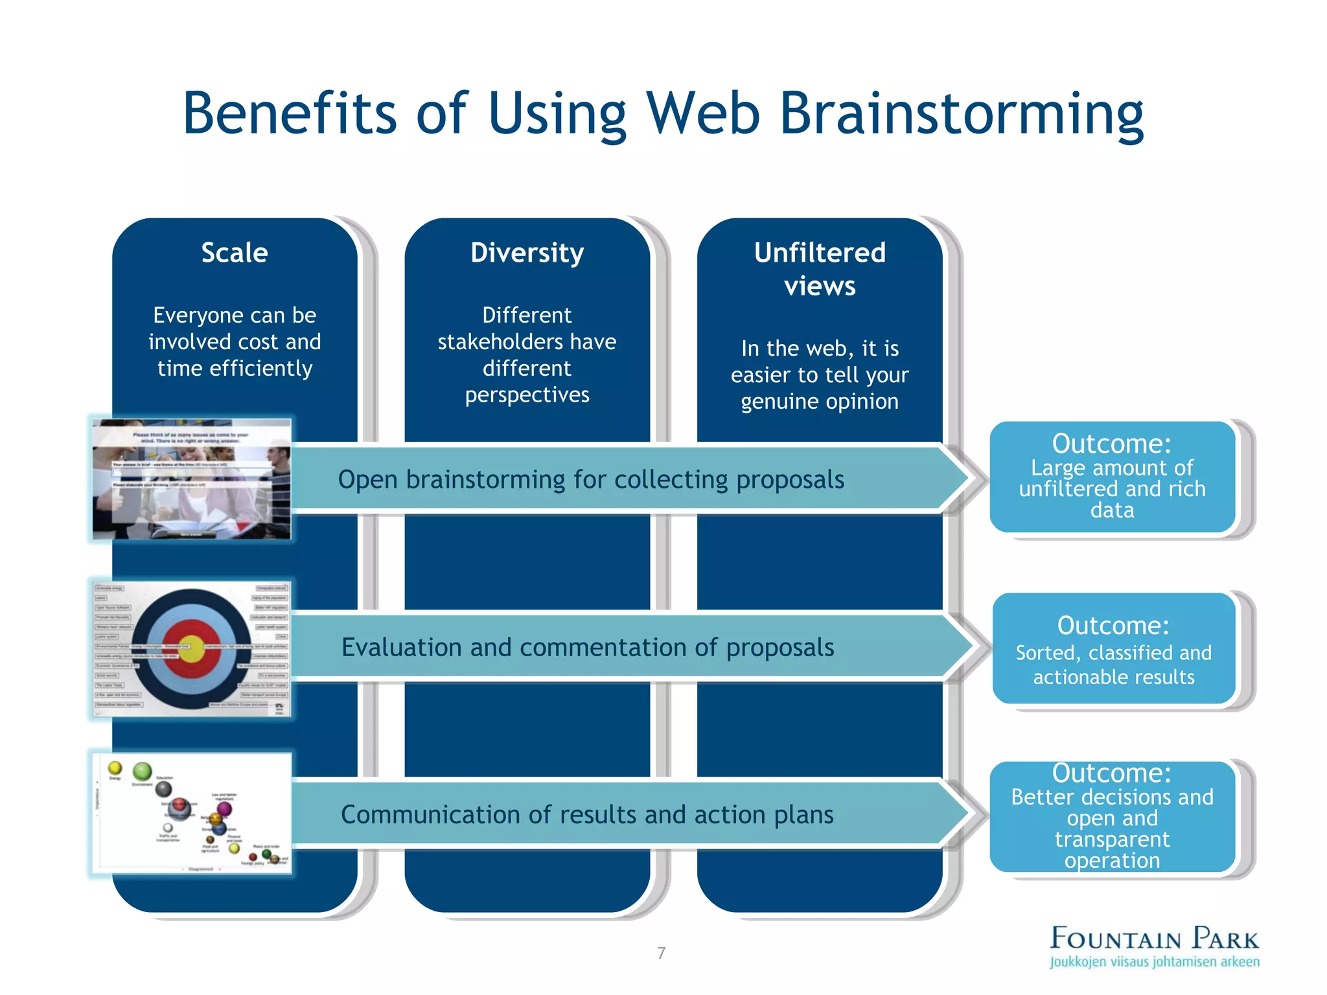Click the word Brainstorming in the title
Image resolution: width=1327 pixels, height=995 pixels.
pyautogui.click(x=962, y=114)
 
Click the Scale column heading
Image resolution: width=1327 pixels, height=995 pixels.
pyautogui.click(x=234, y=253)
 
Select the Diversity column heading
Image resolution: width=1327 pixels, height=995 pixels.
pyautogui.click(x=527, y=253)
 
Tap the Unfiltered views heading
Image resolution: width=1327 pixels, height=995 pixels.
pyautogui.click(x=820, y=269)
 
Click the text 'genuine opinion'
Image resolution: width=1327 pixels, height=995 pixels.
pyautogui.click(x=820, y=402)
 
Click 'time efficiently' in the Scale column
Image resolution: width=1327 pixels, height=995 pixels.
pyautogui.click(x=235, y=368)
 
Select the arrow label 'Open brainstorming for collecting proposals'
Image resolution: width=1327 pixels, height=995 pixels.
pyautogui.click(x=590, y=479)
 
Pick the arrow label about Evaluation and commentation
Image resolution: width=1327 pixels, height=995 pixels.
pyautogui.click(x=588, y=647)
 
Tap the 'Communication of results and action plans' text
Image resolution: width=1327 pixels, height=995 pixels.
pyautogui.click(x=587, y=814)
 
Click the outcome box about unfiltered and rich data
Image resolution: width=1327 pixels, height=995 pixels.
pyautogui.click(x=1112, y=477)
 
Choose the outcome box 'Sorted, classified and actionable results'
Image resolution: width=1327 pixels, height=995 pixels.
pyautogui.click(x=1113, y=648)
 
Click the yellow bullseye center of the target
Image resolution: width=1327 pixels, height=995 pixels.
pyautogui.click(x=192, y=650)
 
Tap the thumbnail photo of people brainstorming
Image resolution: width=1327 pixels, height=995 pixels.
pyautogui.click(x=192, y=479)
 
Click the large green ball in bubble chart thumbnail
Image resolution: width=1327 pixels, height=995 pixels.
pyautogui.click(x=142, y=771)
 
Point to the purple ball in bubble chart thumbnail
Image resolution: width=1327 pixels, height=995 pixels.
pyautogui.click(x=224, y=808)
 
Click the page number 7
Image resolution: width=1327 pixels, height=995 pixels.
pyautogui.click(x=661, y=952)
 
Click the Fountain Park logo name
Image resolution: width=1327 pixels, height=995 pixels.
pyautogui.click(x=1154, y=938)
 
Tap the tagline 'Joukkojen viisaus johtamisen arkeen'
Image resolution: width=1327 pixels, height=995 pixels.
pyautogui.click(x=1155, y=962)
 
